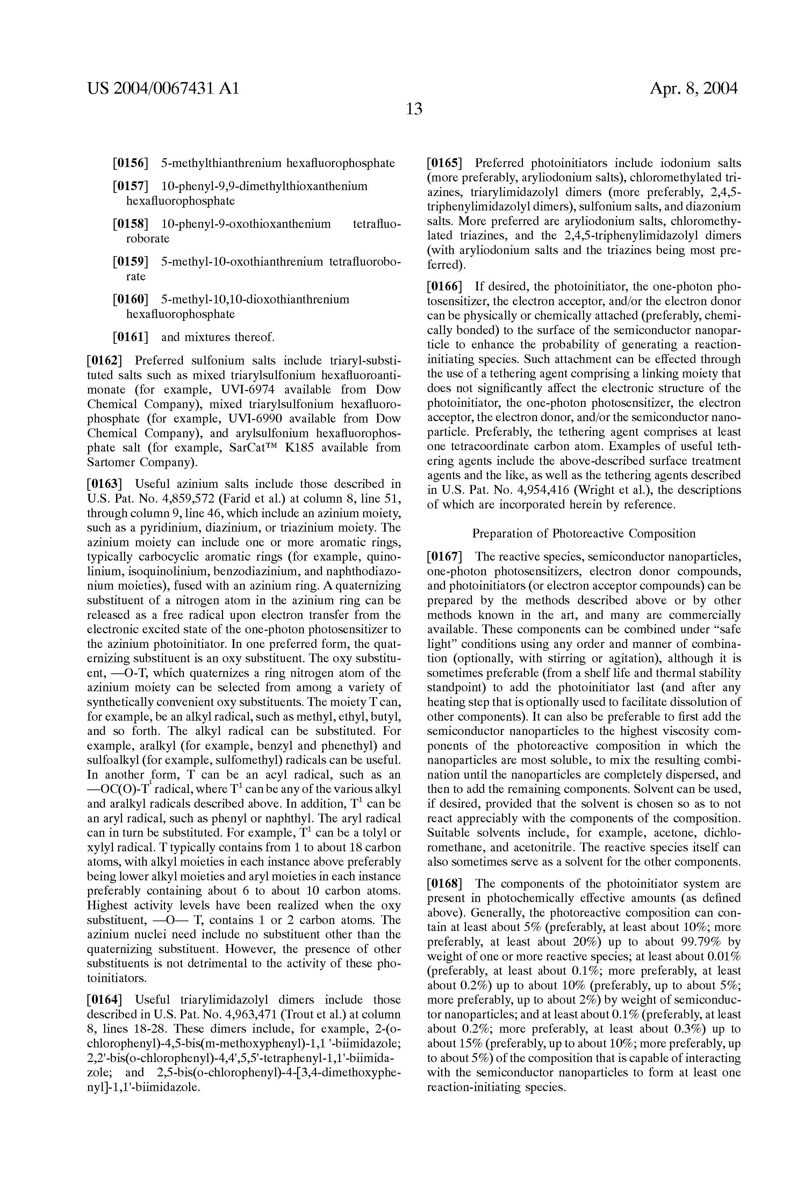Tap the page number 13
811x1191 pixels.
414,109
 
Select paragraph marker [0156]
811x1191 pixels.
130,164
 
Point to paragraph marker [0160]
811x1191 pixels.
130,299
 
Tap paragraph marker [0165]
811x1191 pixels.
445,164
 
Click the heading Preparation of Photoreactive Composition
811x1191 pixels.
583,534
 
